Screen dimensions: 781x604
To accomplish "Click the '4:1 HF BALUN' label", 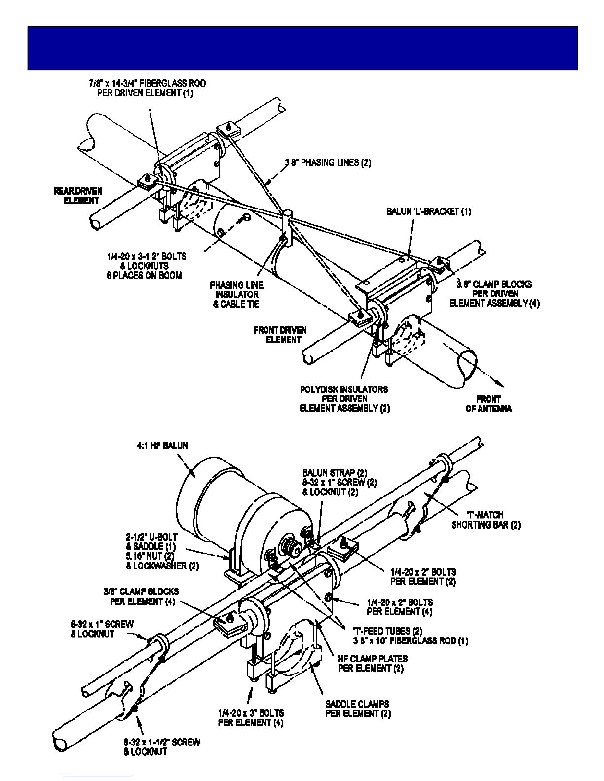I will tap(162, 446).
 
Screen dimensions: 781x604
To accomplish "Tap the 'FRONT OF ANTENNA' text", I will tap(489, 404).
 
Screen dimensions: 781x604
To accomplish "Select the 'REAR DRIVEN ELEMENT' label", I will tap(78, 196).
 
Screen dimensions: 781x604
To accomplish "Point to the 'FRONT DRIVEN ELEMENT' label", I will tap(280, 335).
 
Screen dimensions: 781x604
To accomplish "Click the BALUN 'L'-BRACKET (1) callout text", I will tap(428, 212).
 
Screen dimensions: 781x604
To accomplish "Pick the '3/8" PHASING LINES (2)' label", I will tap(328, 162).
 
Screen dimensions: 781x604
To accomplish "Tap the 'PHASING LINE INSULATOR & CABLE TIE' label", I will tap(236, 294).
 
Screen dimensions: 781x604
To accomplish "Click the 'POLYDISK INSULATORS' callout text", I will tap(344, 390).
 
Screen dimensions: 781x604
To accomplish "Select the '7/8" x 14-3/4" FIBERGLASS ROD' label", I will tap(147, 83).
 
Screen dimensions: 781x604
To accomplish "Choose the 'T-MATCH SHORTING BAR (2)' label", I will tap(486, 520).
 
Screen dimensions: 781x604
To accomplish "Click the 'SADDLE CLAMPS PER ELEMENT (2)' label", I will tap(358, 709).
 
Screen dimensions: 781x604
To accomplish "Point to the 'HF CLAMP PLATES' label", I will tap(373, 658).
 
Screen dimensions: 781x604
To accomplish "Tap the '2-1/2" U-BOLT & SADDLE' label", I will tap(152, 541).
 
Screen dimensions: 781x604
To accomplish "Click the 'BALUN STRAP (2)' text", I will tap(335, 473).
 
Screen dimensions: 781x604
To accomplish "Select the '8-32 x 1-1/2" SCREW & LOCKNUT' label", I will tap(162, 747).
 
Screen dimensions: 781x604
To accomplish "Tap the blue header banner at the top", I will tap(302, 48).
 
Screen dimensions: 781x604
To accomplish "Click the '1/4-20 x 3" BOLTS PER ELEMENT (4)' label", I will tap(251, 718).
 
